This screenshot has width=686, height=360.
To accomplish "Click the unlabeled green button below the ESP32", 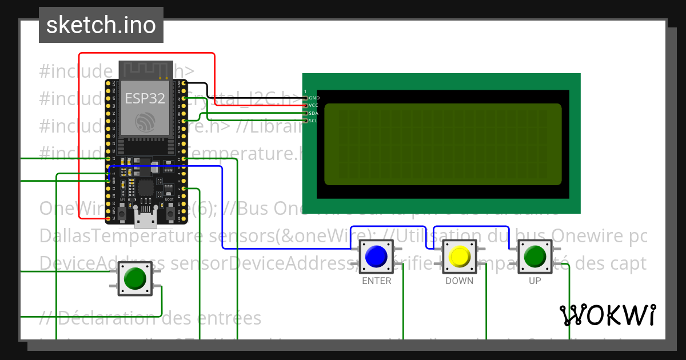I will click(x=135, y=278).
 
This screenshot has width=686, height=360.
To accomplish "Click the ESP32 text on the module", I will click(x=145, y=98).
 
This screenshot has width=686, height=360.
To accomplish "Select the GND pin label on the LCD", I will click(x=314, y=98).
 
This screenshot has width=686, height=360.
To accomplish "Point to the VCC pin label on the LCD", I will click(x=314, y=105).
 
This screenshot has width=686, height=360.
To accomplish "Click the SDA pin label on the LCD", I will click(x=314, y=113).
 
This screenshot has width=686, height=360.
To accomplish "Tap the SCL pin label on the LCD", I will click(x=314, y=121).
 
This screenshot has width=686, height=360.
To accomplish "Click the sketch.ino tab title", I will click(x=101, y=25).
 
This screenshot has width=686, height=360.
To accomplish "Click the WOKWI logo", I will click(x=607, y=315).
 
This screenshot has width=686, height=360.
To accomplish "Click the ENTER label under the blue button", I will click(x=377, y=281).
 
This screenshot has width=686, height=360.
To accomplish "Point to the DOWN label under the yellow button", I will click(x=460, y=281).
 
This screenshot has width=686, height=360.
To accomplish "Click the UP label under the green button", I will click(x=535, y=281).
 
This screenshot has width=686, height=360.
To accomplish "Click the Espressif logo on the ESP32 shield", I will click(x=145, y=122).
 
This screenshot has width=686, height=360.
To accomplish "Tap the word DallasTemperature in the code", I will click(x=101, y=235).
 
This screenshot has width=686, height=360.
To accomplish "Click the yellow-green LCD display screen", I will click(x=442, y=144).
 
